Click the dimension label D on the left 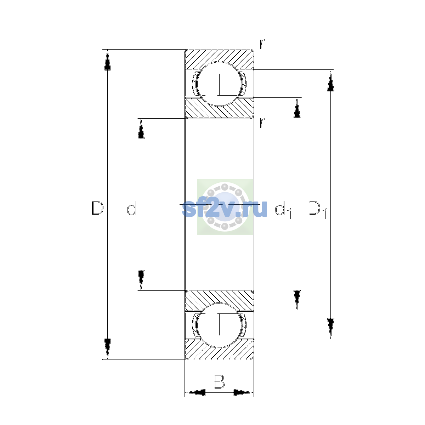coord(97,208)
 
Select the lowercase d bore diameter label coord(132,208)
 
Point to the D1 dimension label coord(317,210)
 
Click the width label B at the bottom coord(219,382)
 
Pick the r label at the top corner coord(262,44)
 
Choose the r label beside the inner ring coord(262,123)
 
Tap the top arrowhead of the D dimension coord(108,60)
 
